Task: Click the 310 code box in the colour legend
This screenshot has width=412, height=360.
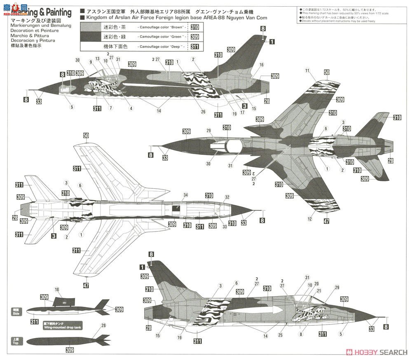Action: tap(194, 27)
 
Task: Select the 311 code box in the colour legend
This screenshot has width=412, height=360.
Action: tap(194, 47)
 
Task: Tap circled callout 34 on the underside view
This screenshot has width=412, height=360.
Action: tap(174, 195)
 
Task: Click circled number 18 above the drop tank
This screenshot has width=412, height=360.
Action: tap(57, 290)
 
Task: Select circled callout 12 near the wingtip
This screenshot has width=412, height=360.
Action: tap(309, 220)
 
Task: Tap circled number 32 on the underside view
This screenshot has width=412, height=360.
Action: tap(227, 197)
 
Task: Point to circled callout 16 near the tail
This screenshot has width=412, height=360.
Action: tap(261, 65)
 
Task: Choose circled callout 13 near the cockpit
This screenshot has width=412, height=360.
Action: tap(98, 59)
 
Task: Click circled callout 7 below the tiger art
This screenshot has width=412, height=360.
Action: tap(110, 108)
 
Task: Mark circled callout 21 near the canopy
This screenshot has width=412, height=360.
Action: tap(319, 291)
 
